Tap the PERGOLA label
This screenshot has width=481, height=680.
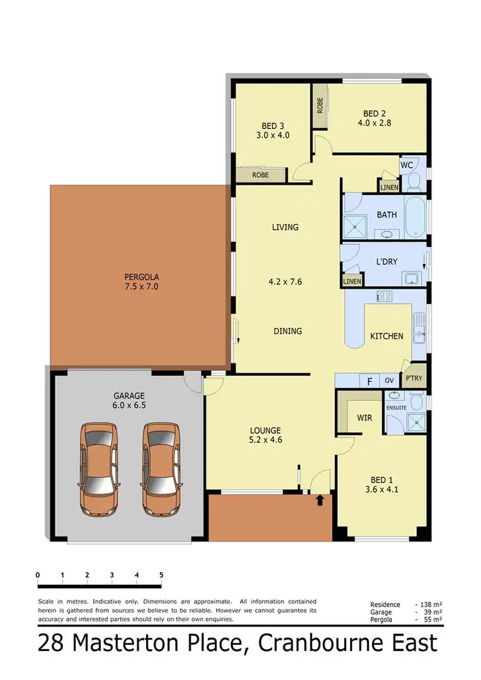pos(141,277)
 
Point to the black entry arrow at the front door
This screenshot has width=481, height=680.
pos(319,499)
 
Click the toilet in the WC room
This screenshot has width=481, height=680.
pos(414,180)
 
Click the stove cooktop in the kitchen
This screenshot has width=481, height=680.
pos(385,296)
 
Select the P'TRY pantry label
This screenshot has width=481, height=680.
pos(414,378)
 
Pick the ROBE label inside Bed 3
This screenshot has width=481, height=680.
pos(260,174)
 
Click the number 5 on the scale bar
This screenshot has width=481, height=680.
pos(161,575)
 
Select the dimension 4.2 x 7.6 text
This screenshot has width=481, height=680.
pos(285,280)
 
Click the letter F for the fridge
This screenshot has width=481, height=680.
pos(369,380)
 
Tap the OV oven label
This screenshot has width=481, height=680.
pos(389,380)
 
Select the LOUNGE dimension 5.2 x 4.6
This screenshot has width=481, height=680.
pos(266,441)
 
